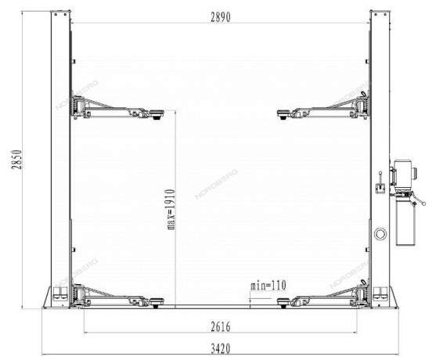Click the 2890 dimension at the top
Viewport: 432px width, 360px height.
pyautogui.click(x=221, y=17)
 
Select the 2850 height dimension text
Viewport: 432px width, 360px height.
pyautogui.click(x=16, y=160)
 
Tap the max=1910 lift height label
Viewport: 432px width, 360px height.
pyautogui.click(x=171, y=209)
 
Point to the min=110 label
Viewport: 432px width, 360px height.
pyautogui.click(x=268, y=286)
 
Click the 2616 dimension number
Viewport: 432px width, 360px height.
pyautogui.click(x=221, y=327)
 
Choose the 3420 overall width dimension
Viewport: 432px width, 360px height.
pyautogui.click(x=221, y=349)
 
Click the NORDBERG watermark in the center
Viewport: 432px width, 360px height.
pyautogui.click(x=216, y=184)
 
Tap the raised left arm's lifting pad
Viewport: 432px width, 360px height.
pyautogui.click(x=157, y=113)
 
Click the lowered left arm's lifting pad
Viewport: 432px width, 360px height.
pyautogui.click(x=157, y=302)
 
